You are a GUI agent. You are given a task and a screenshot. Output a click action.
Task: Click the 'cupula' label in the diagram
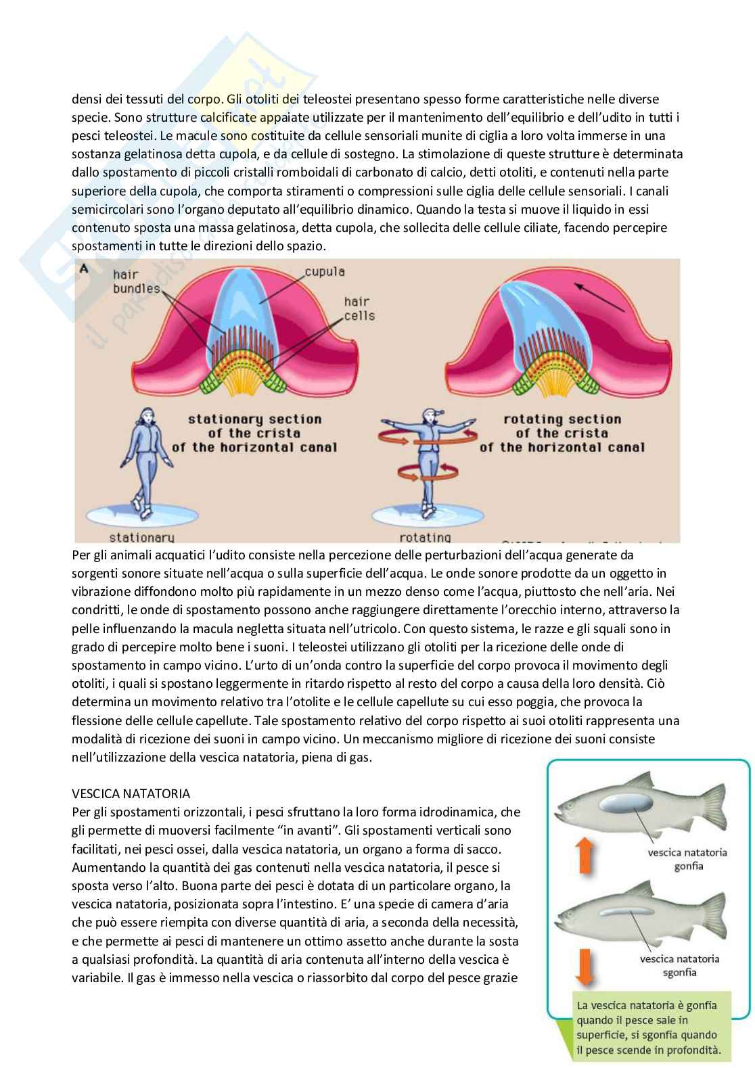(x=325, y=272)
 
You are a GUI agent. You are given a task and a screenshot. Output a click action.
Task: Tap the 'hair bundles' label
(x=135, y=282)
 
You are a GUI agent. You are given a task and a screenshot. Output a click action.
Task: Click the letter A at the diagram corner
(x=84, y=267)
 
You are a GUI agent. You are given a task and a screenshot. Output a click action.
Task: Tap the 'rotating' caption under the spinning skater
(x=425, y=537)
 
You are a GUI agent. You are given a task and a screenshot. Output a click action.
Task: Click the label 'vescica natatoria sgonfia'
(x=683, y=965)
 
